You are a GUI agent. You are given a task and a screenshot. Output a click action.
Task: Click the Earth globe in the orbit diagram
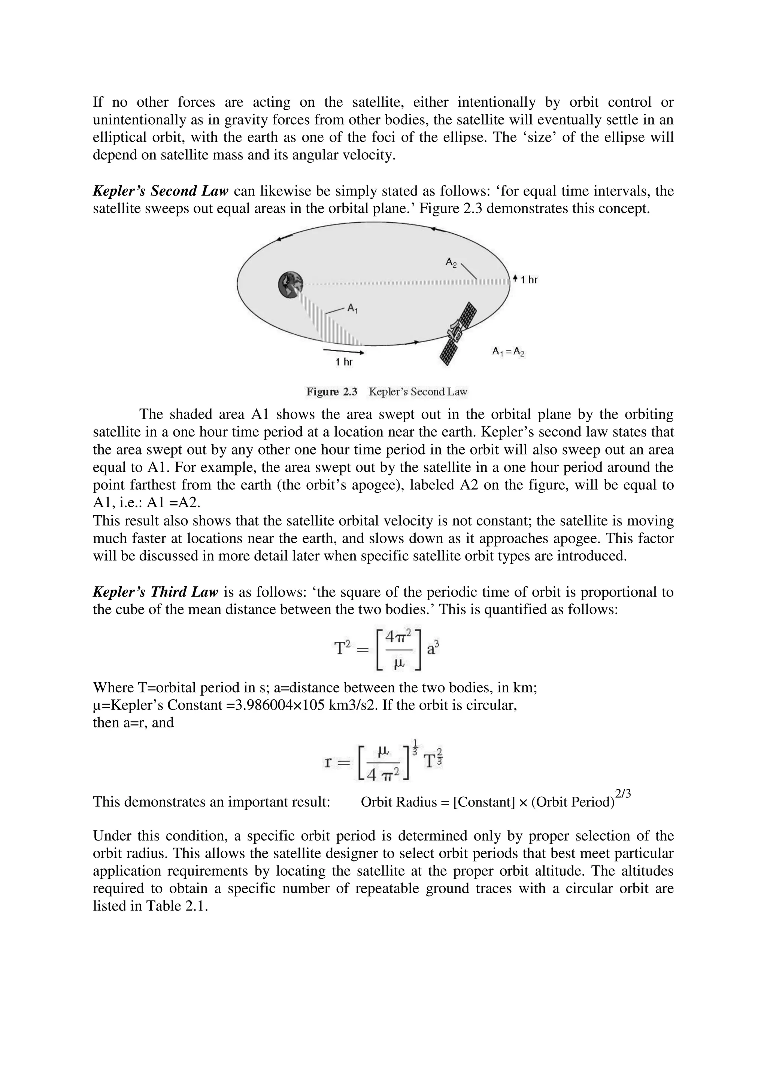290,285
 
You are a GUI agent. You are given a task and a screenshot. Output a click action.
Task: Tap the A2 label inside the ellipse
451,262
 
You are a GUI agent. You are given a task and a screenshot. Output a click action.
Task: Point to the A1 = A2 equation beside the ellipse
508,352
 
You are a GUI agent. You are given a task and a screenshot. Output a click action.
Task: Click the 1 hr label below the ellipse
344,362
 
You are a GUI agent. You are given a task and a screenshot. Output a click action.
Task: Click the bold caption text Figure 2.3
332,392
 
